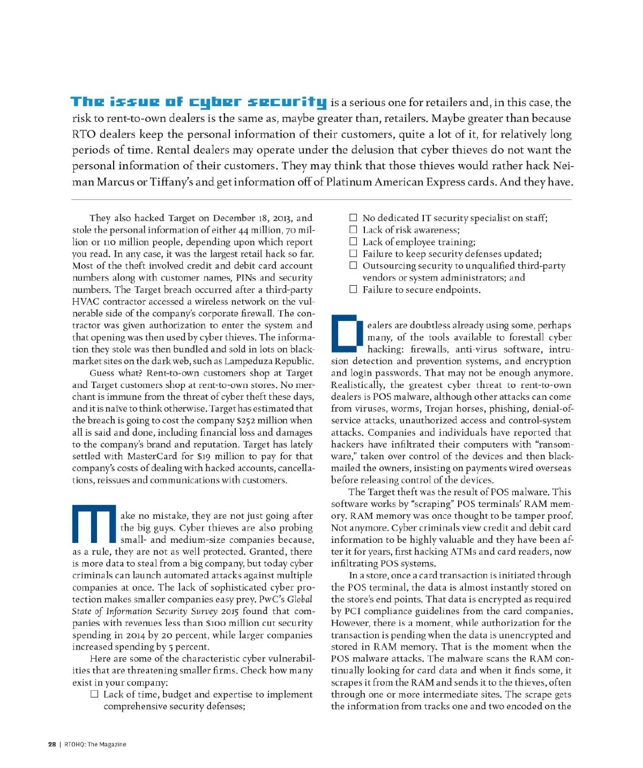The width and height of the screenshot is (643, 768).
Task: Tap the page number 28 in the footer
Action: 52,744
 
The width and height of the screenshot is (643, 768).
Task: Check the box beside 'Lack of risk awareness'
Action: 353,229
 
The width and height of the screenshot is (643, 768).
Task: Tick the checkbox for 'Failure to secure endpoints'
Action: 353,289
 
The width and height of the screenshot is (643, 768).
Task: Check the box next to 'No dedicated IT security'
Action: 353,218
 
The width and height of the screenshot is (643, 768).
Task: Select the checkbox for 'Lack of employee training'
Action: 353,242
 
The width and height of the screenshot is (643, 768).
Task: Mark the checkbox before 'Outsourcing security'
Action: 353,265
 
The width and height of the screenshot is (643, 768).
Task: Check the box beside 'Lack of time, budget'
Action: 94,694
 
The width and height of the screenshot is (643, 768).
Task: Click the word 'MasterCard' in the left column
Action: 152,456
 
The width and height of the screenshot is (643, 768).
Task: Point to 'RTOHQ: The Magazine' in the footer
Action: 95,744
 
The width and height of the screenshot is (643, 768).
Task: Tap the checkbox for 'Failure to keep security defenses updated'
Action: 353,253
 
